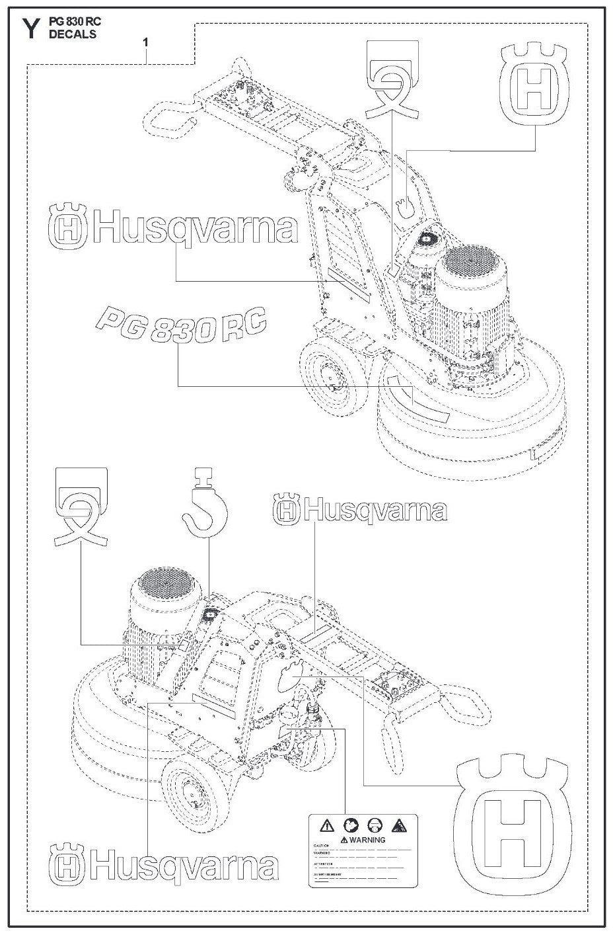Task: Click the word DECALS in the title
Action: (72, 34)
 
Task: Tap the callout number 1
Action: (145, 42)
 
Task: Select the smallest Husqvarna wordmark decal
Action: (360, 510)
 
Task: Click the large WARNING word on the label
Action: (367, 840)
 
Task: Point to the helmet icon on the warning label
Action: (375, 825)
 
